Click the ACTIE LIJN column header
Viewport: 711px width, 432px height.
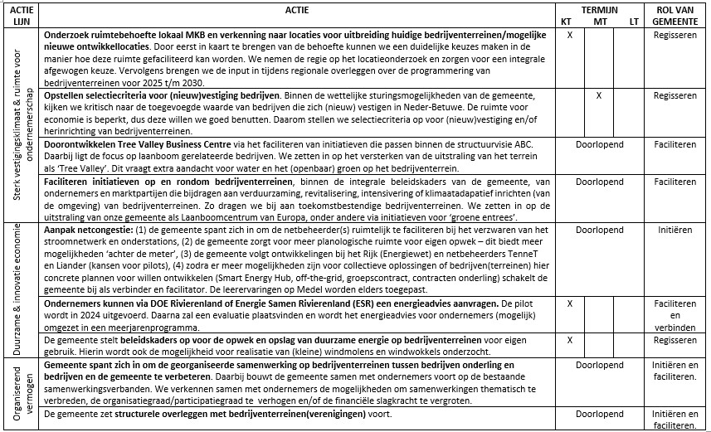[x=22, y=15]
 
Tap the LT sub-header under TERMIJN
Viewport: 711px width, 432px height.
[x=633, y=21]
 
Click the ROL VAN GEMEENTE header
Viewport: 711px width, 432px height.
[x=674, y=15]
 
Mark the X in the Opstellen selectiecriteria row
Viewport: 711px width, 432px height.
[x=597, y=96]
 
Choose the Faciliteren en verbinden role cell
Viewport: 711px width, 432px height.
[x=674, y=316]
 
